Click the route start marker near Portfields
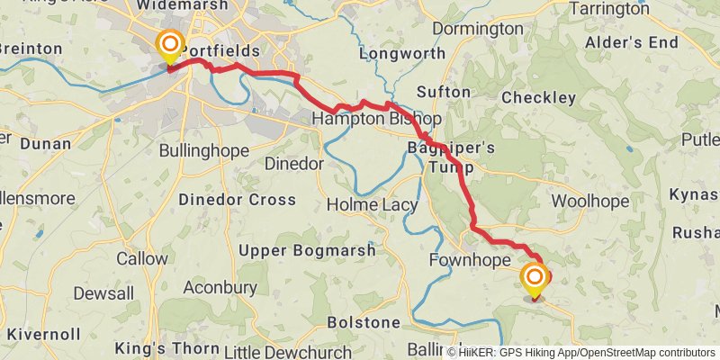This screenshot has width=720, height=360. pyautogui.click(x=168, y=46)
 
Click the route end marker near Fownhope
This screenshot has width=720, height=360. pyautogui.click(x=535, y=278)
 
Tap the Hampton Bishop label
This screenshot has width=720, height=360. pyautogui.click(x=376, y=119)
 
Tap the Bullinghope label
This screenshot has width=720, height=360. pyautogui.click(x=202, y=150)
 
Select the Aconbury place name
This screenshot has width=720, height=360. pyautogui.click(x=220, y=287)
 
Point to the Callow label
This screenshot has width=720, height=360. pyautogui.click(x=142, y=258)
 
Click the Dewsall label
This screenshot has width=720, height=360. pyautogui.click(x=103, y=293)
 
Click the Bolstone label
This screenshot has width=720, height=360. pyautogui.click(x=363, y=321)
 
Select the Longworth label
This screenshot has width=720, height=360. pyautogui.click(x=402, y=53)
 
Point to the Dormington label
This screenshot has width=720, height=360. pyautogui.click(x=477, y=29)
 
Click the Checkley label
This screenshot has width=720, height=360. pyautogui.click(x=538, y=97)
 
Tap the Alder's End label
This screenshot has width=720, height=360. pyautogui.click(x=631, y=42)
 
